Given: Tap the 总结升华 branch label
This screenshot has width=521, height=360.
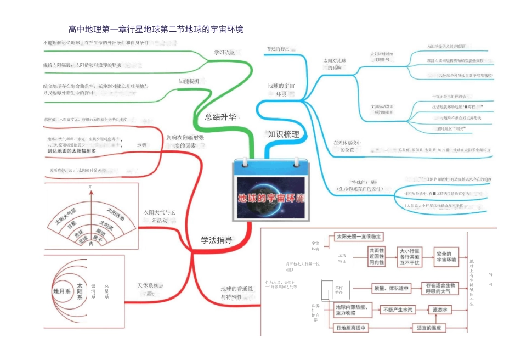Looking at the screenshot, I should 220,116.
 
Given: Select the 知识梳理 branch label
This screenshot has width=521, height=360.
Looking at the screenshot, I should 284,133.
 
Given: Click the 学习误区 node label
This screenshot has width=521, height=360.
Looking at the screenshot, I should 224,53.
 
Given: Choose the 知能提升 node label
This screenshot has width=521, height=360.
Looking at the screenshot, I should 189,81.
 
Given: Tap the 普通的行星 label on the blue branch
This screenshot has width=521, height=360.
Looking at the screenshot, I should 278,49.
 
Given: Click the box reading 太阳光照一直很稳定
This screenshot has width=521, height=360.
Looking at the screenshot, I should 359,237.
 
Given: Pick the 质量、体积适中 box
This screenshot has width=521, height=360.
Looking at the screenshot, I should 392,288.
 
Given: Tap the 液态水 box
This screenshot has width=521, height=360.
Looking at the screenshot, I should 442,310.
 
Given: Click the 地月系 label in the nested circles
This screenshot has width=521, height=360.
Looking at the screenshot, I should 61,291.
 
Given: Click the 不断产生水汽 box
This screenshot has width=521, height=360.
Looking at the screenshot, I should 399,310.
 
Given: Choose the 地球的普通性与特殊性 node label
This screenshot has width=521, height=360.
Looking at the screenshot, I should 236,293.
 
